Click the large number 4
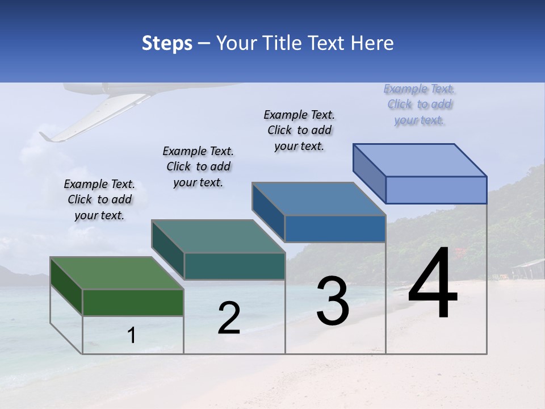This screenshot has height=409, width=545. [x=433, y=283]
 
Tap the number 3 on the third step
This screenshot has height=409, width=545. [x=333, y=301]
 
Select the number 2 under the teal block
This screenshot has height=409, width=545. [x=229, y=318]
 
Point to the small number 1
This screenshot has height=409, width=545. [x=132, y=336]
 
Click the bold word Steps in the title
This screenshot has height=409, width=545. [x=167, y=43]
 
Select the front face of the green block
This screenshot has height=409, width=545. [x=133, y=302]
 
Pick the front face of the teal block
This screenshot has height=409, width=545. [x=234, y=266]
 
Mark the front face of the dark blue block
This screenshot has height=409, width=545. [x=335, y=228]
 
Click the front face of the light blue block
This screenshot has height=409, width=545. [x=436, y=190]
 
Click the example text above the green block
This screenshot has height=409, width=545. [x=99, y=200]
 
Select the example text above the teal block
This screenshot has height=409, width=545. [x=198, y=166]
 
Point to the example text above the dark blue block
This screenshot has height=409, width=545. [x=299, y=130]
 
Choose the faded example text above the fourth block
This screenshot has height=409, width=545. [x=420, y=104]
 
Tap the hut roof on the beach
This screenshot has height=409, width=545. [x=529, y=264]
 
